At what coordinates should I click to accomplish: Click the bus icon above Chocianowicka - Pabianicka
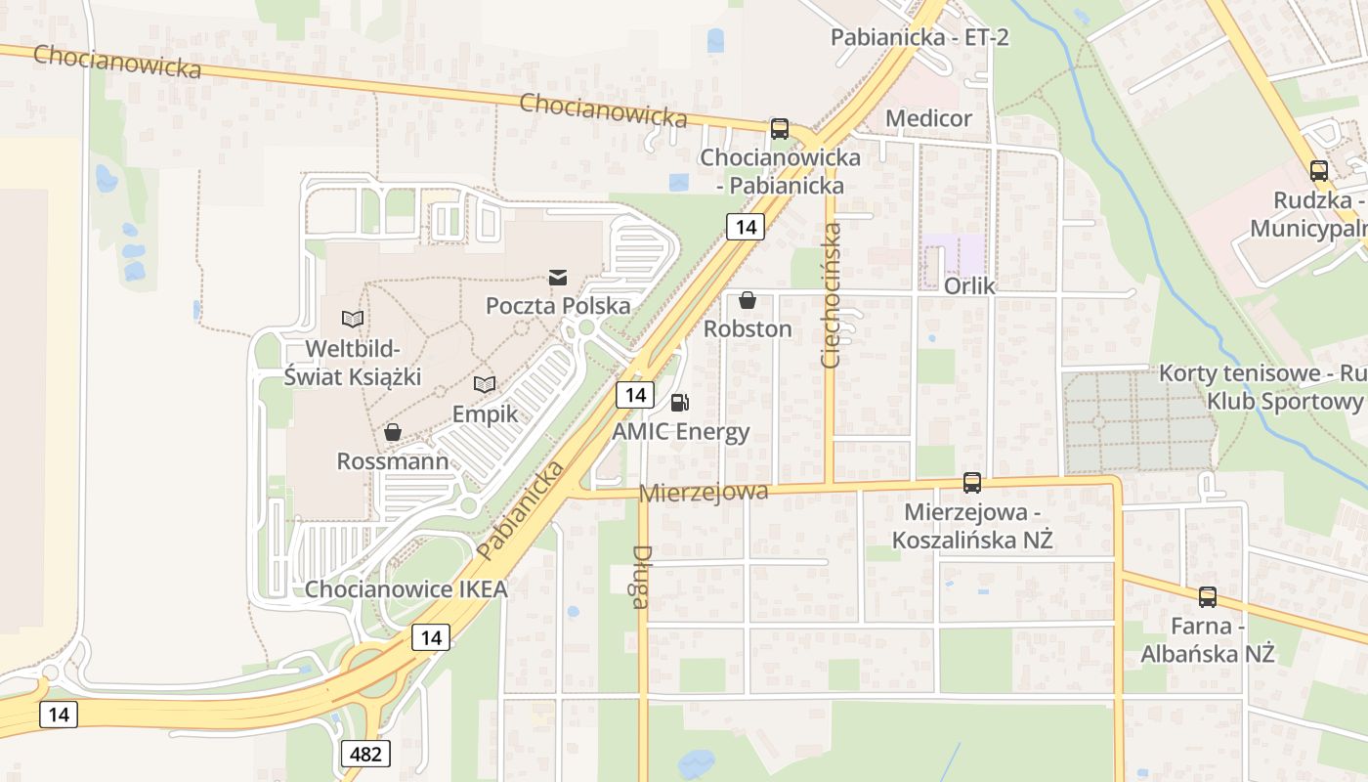click(x=779, y=128)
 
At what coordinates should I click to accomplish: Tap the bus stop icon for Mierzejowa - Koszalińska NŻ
click(x=971, y=482)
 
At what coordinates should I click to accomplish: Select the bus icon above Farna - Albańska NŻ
click(x=1208, y=596)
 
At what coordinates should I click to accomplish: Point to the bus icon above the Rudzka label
click(x=1318, y=171)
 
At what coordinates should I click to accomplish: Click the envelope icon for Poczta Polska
click(x=558, y=278)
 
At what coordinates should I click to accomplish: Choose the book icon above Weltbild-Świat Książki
click(x=353, y=319)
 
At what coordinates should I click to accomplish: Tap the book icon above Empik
click(x=485, y=384)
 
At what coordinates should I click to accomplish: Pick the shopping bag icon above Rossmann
click(x=393, y=431)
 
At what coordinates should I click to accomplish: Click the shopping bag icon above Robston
click(x=748, y=299)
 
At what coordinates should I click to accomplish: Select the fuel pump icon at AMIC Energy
click(x=679, y=402)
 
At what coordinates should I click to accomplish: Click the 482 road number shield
click(x=366, y=753)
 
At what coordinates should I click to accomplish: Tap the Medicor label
click(x=928, y=118)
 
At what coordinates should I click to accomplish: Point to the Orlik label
click(x=969, y=286)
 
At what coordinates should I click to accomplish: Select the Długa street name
click(x=641, y=577)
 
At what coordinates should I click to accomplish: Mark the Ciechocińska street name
click(x=832, y=295)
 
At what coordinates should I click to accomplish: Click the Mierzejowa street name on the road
click(x=704, y=492)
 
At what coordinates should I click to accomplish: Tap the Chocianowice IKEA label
click(x=406, y=588)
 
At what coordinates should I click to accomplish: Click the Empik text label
click(x=485, y=413)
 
